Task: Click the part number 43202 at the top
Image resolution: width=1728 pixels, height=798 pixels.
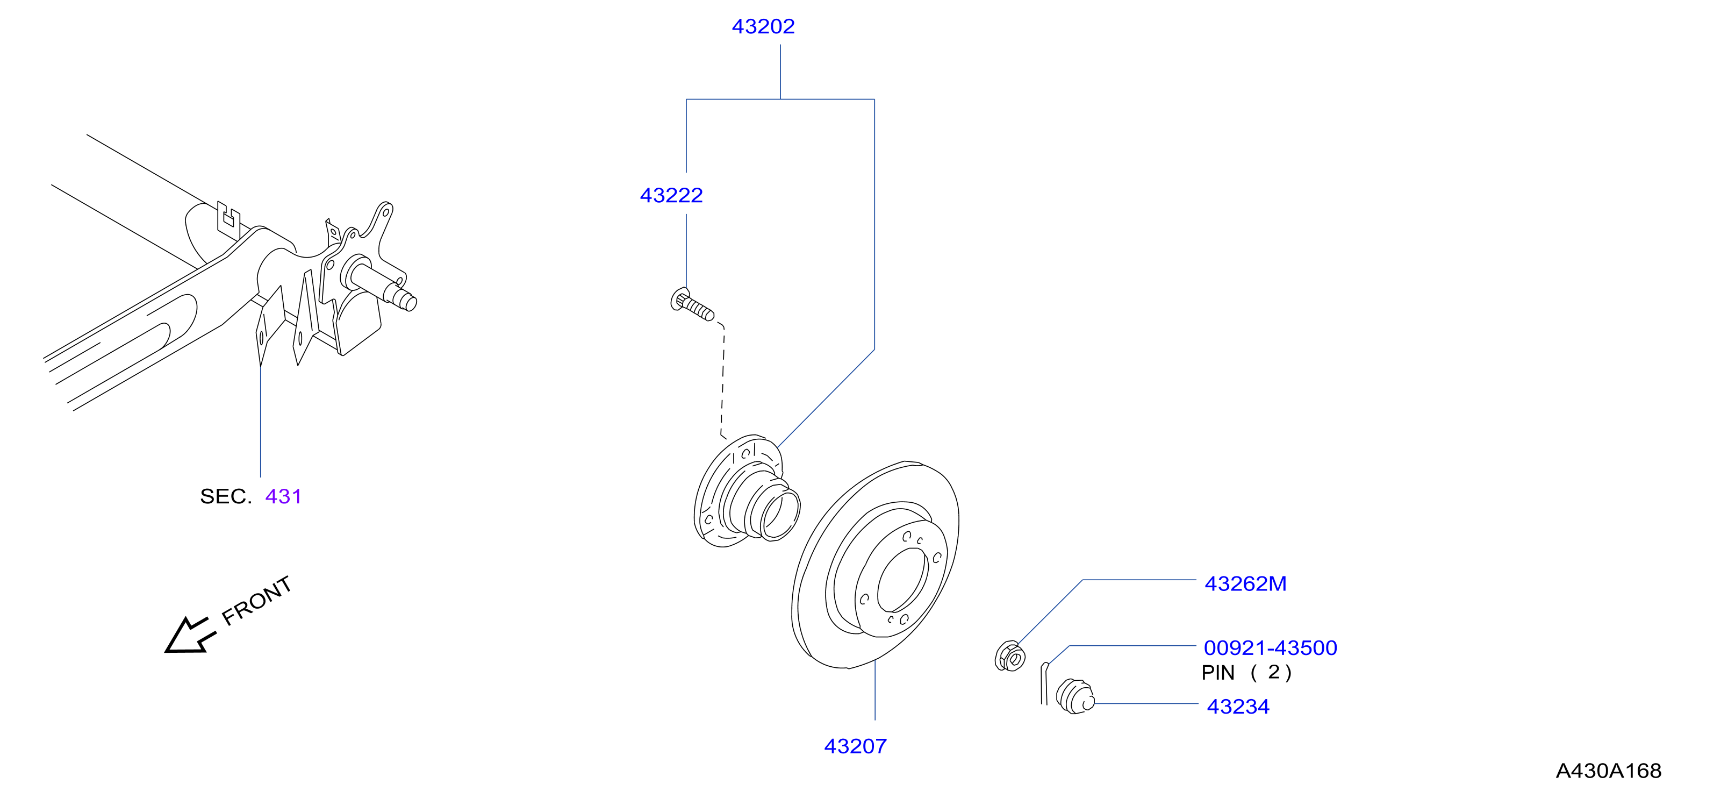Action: [763, 26]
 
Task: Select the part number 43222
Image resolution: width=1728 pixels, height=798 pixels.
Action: [671, 195]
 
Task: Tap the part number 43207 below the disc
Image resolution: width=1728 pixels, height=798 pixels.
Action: [855, 746]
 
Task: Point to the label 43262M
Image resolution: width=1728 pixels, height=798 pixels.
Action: [1246, 584]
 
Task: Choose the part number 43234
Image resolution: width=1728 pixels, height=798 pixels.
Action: [1238, 707]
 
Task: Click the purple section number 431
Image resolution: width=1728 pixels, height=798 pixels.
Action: [283, 497]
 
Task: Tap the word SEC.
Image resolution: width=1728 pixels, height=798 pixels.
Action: [225, 497]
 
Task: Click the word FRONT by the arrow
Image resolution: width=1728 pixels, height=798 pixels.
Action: [257, 601]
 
